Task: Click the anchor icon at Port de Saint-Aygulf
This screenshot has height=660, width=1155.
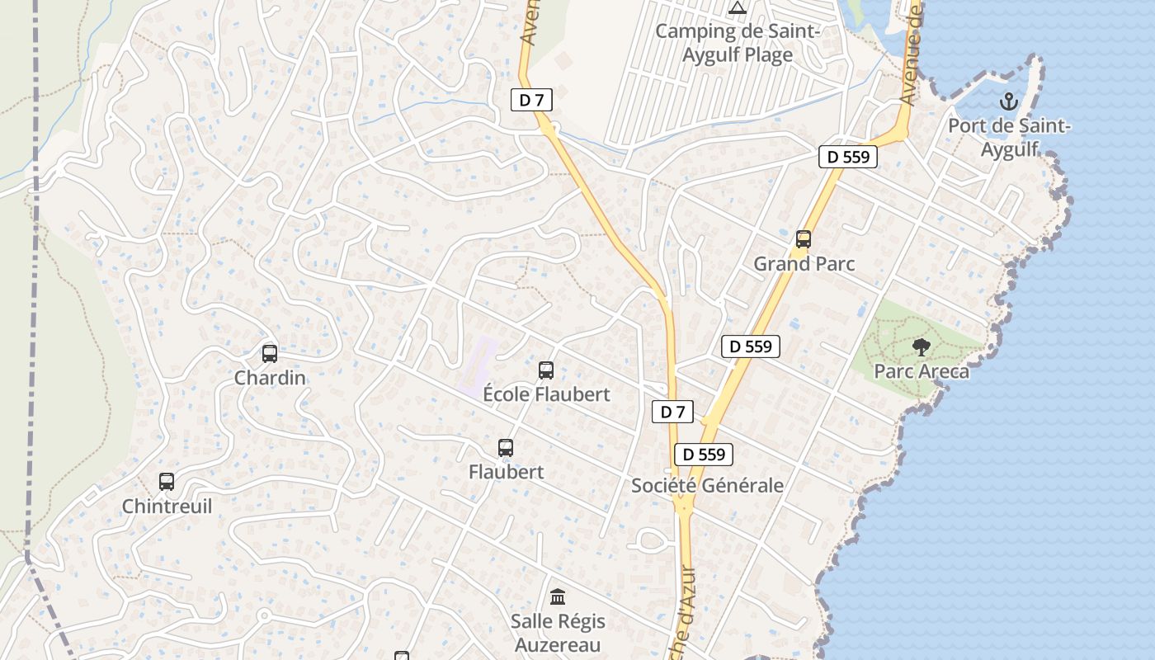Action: point(1008,102)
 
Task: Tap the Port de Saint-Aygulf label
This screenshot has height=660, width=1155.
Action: point(1009,138)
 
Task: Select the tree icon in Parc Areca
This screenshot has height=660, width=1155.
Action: point(921,347)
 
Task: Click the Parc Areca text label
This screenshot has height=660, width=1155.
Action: point(922,371)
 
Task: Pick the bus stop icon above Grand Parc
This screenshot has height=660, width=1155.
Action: point(804,239)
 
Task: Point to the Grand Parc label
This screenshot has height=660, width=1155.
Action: point(804,264)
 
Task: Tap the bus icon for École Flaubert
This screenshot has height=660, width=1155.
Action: point(545,370)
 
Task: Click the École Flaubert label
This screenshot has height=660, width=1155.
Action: point(546,394)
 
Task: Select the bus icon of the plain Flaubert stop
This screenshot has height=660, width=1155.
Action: point(506,448)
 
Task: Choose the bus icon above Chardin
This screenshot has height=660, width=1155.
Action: point(269,354)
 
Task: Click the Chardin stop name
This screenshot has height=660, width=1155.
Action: point(270,378)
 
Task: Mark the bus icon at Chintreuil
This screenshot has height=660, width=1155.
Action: point(167,482)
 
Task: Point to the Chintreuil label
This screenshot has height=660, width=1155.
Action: point(167,506)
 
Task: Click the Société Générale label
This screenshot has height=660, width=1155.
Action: point(707,486)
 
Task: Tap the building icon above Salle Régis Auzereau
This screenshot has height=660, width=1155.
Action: point(558,596)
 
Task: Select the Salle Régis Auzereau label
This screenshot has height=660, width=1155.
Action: point(558,633)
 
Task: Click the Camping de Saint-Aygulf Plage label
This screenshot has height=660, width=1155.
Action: point(737,44)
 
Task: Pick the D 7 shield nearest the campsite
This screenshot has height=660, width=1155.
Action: point(531,101)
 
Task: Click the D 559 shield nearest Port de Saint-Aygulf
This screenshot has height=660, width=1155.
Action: point(847,157)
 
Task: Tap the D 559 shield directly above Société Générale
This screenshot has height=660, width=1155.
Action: point(704,455)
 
